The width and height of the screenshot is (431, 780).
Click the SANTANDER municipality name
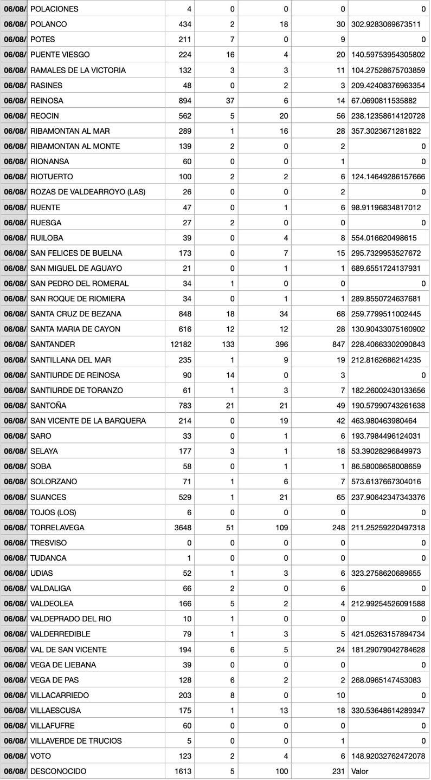[53, 344]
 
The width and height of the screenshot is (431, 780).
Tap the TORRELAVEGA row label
[57, 528]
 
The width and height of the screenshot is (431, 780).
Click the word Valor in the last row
[359, 771]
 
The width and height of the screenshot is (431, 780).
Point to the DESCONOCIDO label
[58, 771]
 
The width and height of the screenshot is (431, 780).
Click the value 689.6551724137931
[388, 268]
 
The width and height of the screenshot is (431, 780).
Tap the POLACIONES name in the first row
[54, 9]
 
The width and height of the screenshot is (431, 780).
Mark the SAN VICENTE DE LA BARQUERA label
[88, 421]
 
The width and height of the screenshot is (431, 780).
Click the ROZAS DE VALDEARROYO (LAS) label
[88, 192]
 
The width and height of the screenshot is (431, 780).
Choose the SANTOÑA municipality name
[49, 406]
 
